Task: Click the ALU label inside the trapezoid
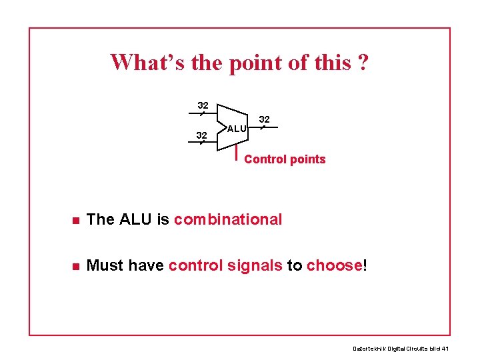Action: (x=236, y=128)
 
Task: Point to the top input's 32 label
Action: (x=203, y=105)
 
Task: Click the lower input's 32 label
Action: (x=201, y=135)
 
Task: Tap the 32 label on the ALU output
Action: (x=264, y=119)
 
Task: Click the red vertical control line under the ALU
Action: (x=237, y=152)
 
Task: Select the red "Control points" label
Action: (x=285, y=159)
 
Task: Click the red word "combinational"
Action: (x=228, y=219)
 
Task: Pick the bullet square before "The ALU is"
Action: (x=77, y=220)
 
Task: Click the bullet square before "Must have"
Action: (x=77, y=266)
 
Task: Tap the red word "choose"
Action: (x=334, y=265)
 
